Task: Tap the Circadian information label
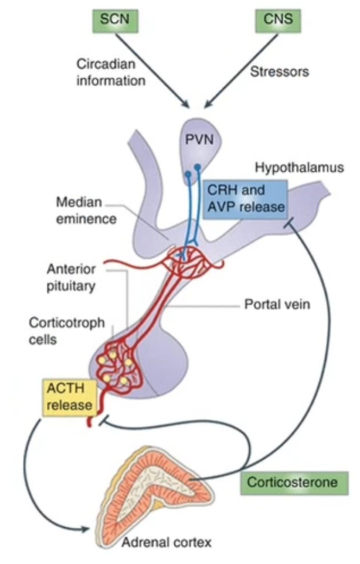coord(110,72)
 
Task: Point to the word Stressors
coord(279,72)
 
